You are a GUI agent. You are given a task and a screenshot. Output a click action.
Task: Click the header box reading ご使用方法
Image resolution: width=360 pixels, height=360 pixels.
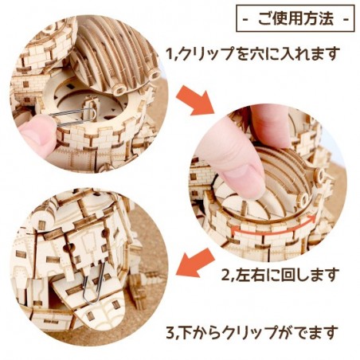[295, 16]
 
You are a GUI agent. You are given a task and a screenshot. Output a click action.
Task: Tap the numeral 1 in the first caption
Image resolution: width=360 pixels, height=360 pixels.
[170, 55]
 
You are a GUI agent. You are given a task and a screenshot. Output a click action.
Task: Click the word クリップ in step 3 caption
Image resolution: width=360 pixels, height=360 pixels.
[256, 330]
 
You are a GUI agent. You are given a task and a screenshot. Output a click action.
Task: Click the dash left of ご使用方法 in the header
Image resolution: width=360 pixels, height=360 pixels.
[248, 16]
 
